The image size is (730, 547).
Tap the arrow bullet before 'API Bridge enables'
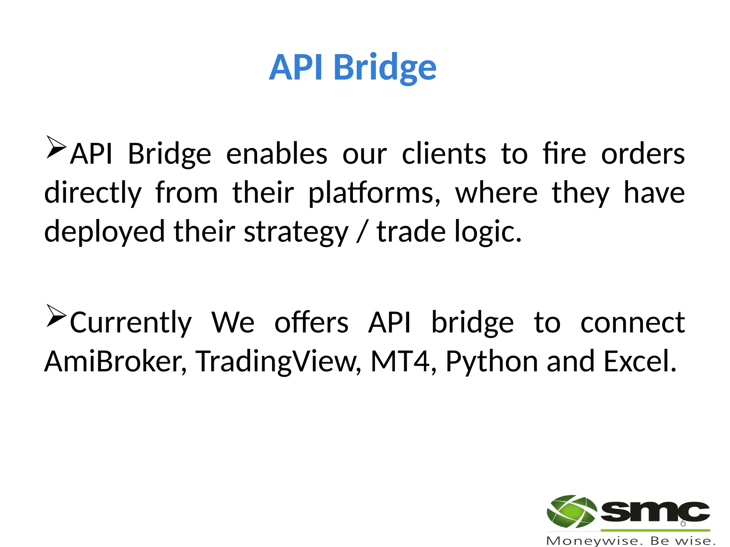[x=56, y=147]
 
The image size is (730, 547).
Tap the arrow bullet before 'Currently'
[x=56, y=316]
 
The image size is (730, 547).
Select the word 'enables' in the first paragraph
[x=277, y=154]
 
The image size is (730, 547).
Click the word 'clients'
[x=444, y=154]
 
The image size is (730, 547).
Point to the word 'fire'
[x=564, y=154]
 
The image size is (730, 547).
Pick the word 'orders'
[x=643, y=154]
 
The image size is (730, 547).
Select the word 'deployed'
[x=104, y=232]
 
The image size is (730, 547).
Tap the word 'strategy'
[x=296, y=232]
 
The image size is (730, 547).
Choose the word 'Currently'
[x=131, y=323]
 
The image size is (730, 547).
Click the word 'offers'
[x=311, y=323]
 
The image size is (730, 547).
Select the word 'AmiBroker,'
[x=115, y=361]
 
